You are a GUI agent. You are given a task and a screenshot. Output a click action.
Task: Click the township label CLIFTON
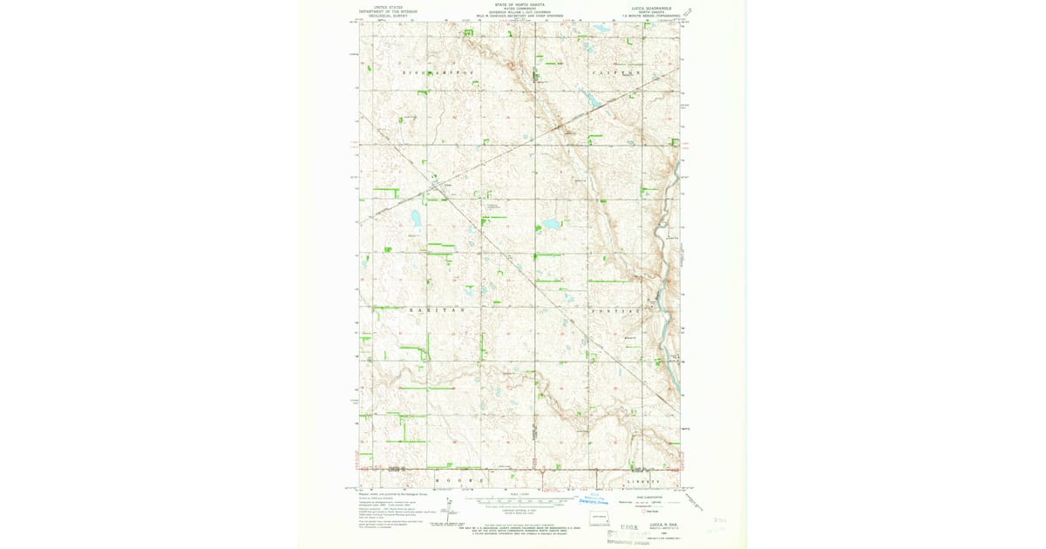[x=616, y=73]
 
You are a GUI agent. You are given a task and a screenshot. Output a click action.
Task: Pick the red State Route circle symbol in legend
[x=645, y=512]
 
